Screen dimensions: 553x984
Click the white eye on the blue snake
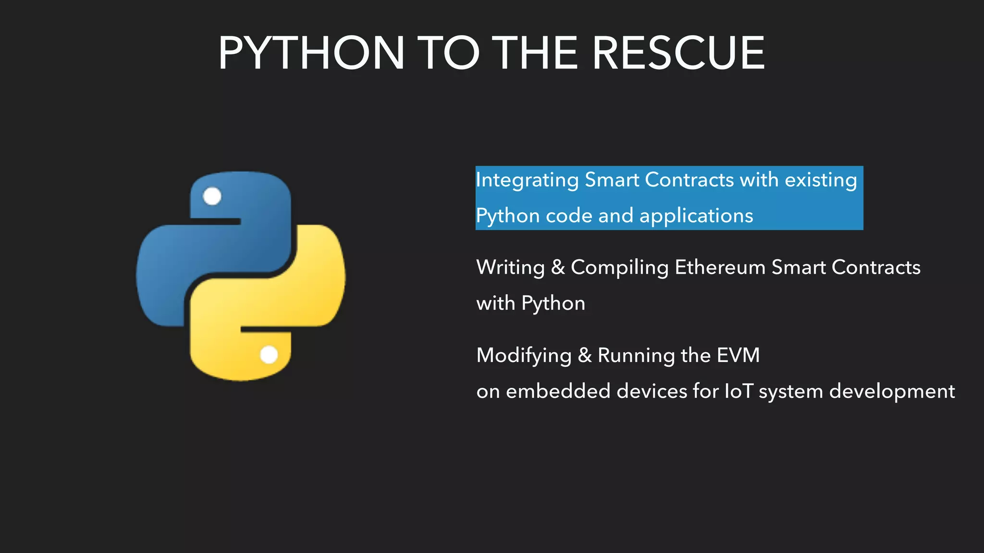[212, 196]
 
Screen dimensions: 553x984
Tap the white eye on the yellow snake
[269, 355]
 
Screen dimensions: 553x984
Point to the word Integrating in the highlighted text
[527, 180]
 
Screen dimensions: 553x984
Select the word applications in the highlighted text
[696, 216]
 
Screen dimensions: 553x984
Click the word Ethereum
[720, 267]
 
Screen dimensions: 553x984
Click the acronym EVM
[738, 356]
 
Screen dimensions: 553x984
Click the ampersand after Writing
[558, 267]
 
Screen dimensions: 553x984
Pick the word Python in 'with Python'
[553, 304]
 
